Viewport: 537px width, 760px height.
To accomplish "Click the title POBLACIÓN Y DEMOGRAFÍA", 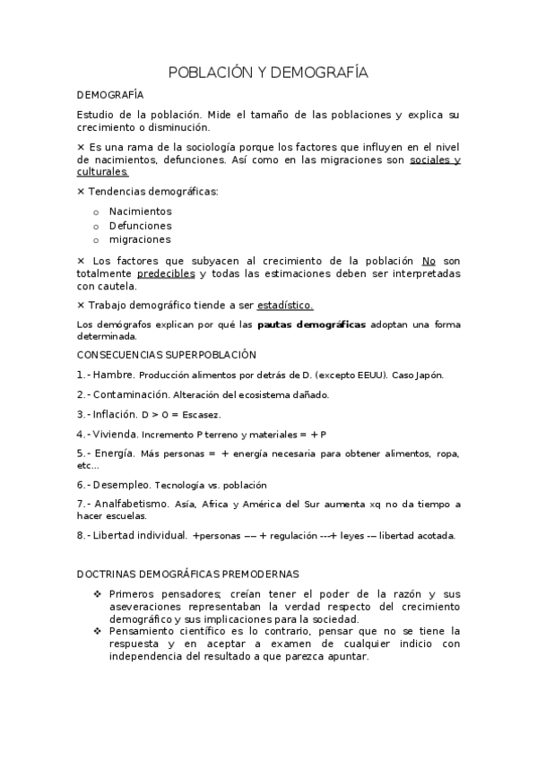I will tap(268, 73).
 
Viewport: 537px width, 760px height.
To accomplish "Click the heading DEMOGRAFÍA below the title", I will tap(108, 95).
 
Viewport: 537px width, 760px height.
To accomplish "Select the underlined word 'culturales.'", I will tap(103, 172).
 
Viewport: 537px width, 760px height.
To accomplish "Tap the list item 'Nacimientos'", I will tap(140, 212).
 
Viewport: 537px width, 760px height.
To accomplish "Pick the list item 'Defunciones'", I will tap(140, 226).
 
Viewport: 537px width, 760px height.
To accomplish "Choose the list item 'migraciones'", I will tap(140, 240).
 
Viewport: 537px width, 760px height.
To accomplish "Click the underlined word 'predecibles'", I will tap(166, 273).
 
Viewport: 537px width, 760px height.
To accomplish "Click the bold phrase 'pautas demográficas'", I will tap(310, 324).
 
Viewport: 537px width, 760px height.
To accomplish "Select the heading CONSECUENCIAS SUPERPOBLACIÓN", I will tap(167, 355).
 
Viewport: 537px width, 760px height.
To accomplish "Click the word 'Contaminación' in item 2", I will tap(132, 394).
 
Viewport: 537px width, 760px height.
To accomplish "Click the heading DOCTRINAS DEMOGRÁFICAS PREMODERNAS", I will tap(188, 574).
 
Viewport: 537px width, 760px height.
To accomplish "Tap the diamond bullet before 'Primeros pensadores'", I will tap(98, 594).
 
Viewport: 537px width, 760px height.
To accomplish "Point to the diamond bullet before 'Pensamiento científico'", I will tap(98, 631).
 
